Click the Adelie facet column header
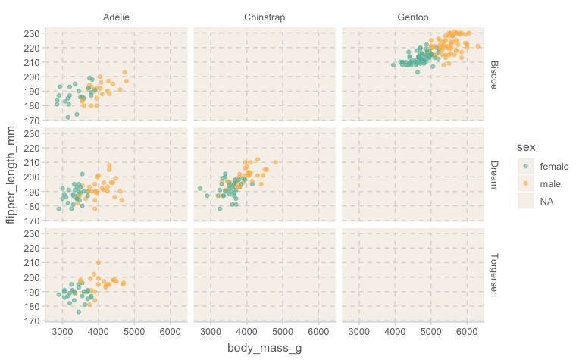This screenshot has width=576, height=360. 116,17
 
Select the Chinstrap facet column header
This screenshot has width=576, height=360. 265,17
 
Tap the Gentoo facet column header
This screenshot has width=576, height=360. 412,17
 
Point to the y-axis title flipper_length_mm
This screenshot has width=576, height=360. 11,176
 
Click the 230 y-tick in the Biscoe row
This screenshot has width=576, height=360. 31,33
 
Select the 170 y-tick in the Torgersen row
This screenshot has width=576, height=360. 31,321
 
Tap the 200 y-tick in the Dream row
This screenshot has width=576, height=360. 31,177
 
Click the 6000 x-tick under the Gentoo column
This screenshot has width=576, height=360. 467,332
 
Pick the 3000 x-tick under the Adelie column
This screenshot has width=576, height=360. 63,332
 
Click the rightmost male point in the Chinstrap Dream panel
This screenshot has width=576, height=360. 275,162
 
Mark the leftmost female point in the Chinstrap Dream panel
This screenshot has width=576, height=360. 200,189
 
